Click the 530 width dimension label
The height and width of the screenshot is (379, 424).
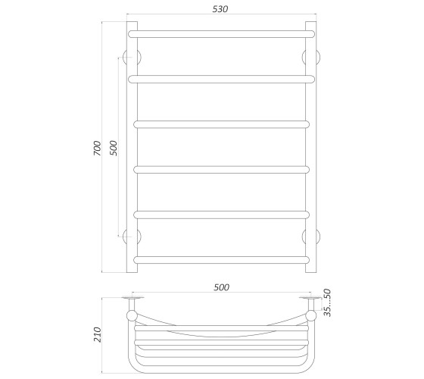[220, 9]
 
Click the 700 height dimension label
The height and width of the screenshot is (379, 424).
[97, 148]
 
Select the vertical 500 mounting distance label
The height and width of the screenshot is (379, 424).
[114, 148]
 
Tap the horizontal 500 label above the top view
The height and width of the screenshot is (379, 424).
[221, 287]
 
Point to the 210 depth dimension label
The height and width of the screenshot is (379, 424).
[97, 334]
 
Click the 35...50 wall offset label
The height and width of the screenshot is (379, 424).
[327, 302]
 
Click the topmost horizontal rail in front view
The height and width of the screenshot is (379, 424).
[221, 34]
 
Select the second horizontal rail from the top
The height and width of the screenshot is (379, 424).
[221, 79]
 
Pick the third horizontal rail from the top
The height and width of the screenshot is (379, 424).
[221, 124]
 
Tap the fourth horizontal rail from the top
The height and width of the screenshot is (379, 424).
[221, 170]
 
